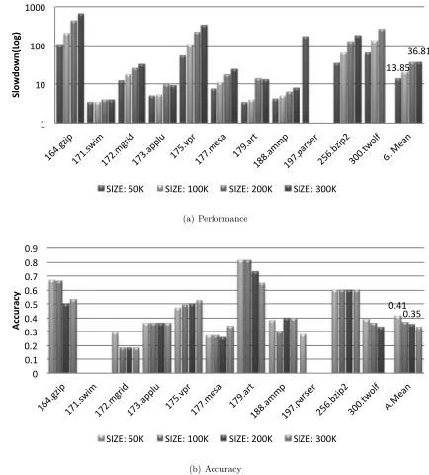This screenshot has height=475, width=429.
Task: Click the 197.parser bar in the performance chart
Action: coord(306,79)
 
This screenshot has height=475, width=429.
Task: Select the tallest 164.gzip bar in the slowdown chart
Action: coord(81,68)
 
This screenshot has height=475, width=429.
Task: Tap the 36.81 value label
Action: coord(418,51)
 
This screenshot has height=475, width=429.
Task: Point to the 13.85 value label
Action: coord(398,68)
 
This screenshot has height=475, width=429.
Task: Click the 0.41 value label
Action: coord(397,306)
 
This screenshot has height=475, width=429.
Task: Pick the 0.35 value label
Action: coord(412,314)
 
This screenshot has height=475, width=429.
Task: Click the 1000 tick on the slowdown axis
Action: coord(36,7)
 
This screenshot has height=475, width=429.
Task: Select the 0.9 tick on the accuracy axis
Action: coord(31,248)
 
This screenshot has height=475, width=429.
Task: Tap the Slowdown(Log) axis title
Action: coord(16,64)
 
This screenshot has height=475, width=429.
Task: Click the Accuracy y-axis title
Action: coord(16,311)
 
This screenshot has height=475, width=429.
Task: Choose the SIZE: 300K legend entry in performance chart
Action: coord(310,189)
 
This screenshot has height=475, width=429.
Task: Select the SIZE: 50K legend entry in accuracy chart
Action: coord(121,439)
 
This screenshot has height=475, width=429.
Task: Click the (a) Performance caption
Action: coord(214,219)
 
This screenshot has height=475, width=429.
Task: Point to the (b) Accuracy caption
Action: coord(214,469)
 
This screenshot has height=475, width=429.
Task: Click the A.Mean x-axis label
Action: coord(398,397)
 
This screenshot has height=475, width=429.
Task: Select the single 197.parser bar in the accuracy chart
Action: coord(303,353)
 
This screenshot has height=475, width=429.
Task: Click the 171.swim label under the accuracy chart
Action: coord(81,399)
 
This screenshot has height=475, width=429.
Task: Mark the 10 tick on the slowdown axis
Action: coord(40,85)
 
